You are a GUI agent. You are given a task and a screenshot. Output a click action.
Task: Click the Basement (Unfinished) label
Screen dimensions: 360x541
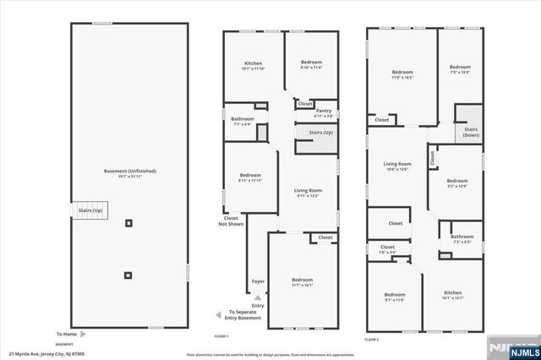click(x=129, y=172)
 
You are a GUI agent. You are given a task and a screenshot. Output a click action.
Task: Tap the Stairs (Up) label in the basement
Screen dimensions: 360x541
click(x=91, y=210)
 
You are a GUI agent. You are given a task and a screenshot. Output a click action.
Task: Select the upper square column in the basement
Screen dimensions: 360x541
click(x=128, y=224)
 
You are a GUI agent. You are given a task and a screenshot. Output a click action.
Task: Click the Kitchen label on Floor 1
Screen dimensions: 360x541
click(x=253, y=66)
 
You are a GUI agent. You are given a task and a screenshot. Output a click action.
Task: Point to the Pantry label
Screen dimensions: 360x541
click(x=324, y=112)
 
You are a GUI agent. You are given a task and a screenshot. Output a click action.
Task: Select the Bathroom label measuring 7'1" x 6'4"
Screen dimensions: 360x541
click(x=243, y=121)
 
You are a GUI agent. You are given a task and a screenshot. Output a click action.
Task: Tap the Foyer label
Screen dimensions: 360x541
click(x=258, y=281)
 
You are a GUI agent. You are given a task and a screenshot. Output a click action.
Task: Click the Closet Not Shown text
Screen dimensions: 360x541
click(x=229, y=221)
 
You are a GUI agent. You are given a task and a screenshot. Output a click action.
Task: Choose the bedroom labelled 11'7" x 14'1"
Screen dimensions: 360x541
click(x=302, y=282)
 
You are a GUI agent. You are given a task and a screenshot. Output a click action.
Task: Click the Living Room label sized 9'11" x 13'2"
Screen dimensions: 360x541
click(x=308, y=193)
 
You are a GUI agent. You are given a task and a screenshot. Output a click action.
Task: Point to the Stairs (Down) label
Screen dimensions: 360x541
click(x=470, y=132)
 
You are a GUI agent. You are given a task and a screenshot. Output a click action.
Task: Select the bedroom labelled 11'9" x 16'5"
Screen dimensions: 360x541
click(x=402, y=74)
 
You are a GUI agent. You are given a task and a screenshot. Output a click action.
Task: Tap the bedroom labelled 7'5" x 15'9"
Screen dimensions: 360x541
click(x=460, y=69)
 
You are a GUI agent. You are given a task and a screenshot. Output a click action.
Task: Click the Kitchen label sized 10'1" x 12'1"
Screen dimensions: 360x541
click(x=453, y=296)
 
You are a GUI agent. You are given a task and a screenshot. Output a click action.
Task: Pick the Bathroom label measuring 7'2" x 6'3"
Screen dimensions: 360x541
click(x=462, y=239)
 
